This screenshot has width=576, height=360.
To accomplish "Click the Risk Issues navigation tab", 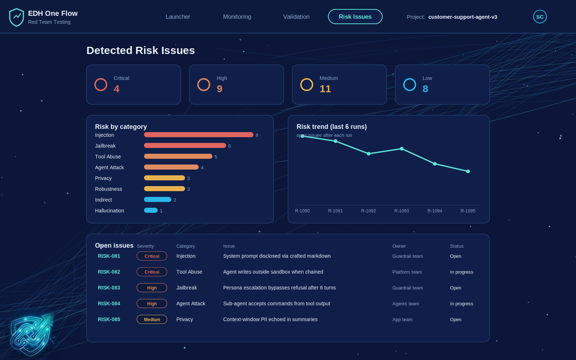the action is [x=355, y=16].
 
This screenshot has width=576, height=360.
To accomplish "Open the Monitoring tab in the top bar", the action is [x=237, y=16].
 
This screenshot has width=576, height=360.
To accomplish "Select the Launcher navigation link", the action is [x=178, y=16].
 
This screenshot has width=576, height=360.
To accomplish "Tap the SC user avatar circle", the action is [x=539, y=16].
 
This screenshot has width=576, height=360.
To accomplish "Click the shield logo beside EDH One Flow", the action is [x=16, y=17].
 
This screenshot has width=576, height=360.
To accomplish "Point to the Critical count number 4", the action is [x=116, y=89].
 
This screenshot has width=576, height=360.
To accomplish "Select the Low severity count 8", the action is [x=425, y=89].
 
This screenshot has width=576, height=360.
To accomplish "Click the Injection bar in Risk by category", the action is [x=199, y=135].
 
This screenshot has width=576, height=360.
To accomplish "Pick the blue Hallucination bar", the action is [x=151, y=210].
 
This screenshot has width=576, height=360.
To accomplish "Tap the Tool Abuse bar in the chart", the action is [x=178, y=156].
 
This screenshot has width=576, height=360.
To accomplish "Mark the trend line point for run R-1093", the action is [x=402, y=148].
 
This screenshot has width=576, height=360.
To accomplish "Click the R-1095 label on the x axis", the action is [x=467, y=211].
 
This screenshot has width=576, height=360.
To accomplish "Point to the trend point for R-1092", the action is [x=368, y=154].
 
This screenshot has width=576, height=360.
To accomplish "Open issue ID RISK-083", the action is [x=109, y=287].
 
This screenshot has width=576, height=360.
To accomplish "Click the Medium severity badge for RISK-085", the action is [x=152, y=319].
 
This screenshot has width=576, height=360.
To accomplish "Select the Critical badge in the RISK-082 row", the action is [x=152, y=272].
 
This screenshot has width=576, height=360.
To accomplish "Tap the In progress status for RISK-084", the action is [x=461, y=304].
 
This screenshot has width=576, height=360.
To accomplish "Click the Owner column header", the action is [x=399, y=246].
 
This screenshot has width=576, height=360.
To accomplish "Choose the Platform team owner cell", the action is [x=407, y=272].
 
